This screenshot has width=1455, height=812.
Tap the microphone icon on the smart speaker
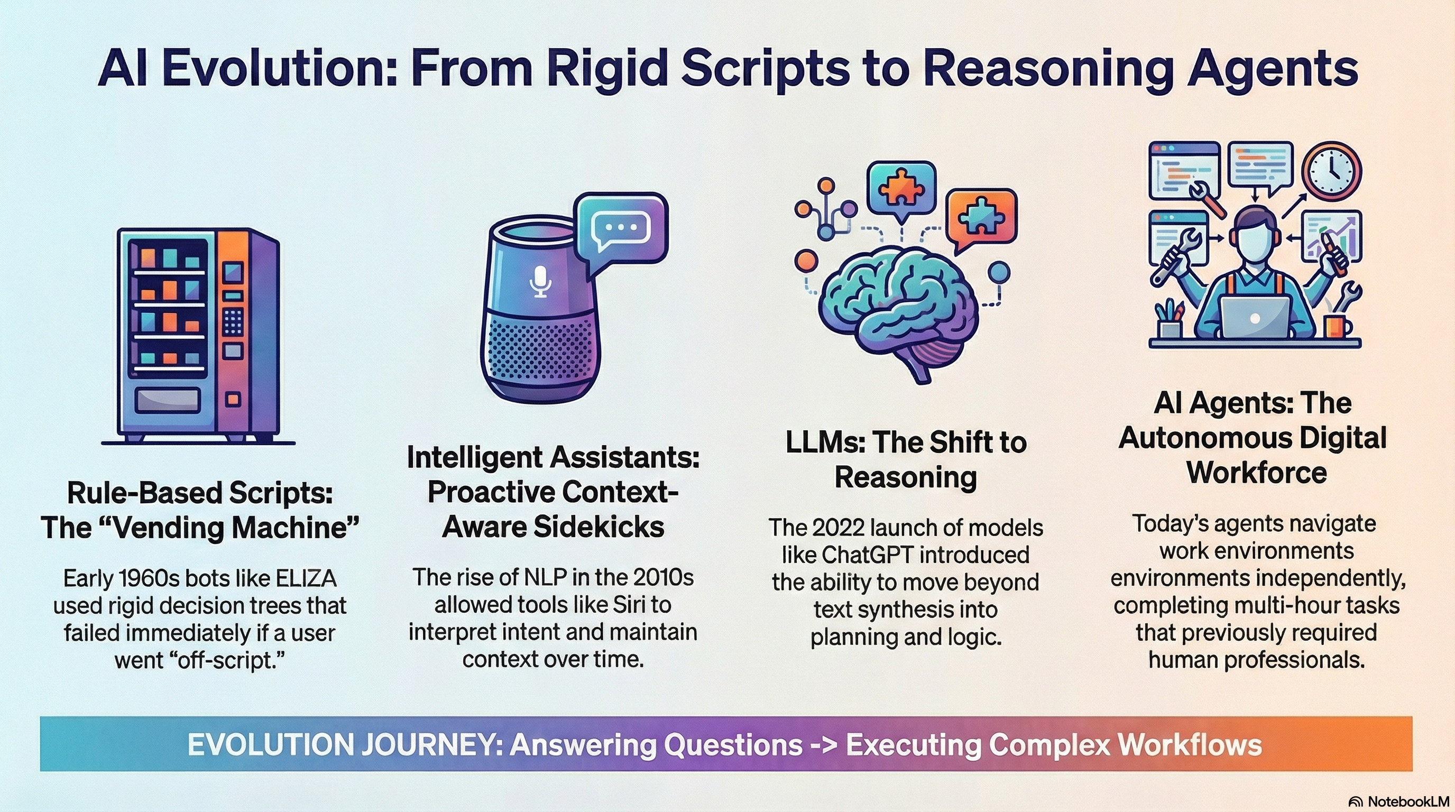(540, 281)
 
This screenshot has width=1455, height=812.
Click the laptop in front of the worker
(1255, 318)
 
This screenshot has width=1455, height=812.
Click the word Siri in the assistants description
(628, 605)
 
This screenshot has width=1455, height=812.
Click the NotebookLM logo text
(1408, 802)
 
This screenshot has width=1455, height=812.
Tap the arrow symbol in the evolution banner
(824, 745)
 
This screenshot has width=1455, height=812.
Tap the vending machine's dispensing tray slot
(167, 400)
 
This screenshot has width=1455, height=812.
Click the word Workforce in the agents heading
(1256, 473)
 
